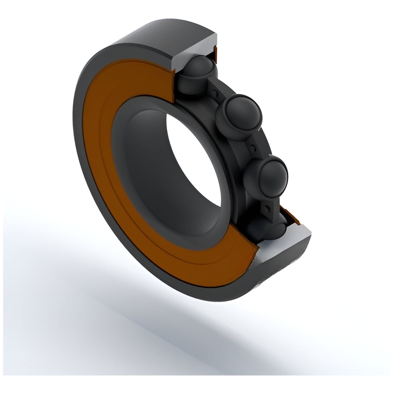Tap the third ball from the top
[x=265, y=177]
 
